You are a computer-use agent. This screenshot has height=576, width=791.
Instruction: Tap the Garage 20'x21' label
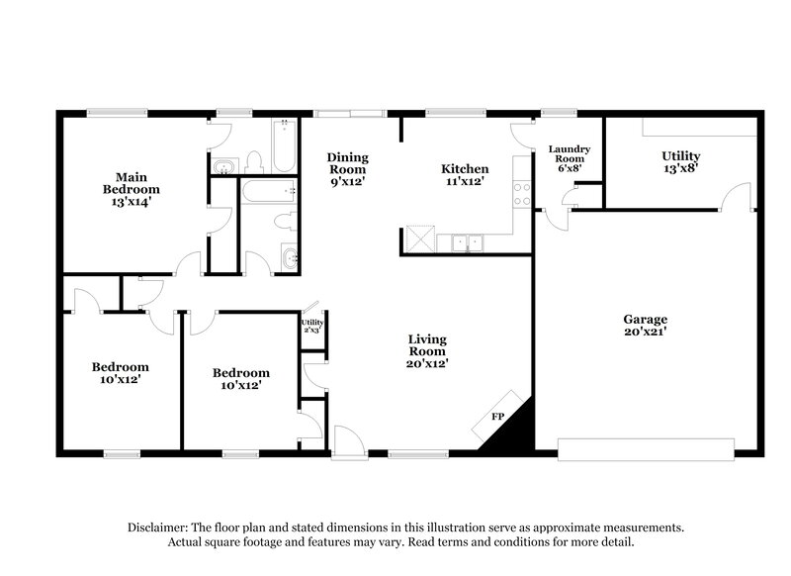click(x=645, y=325)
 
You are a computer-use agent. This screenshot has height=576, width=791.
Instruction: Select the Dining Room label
click(x=348, y=169)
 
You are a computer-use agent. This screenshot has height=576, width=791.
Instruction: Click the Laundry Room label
click(x=570, y=159)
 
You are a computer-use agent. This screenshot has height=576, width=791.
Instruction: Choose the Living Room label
click(x=427, y=351)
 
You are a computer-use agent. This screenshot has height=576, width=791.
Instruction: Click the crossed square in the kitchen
click(x=419, y=240)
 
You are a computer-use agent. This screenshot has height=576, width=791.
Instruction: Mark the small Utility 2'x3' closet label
click(x=312, y=326)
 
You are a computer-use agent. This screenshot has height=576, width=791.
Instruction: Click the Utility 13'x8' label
click(x=680, y=162)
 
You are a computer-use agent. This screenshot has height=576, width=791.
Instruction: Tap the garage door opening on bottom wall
click(x=647, y=450)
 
